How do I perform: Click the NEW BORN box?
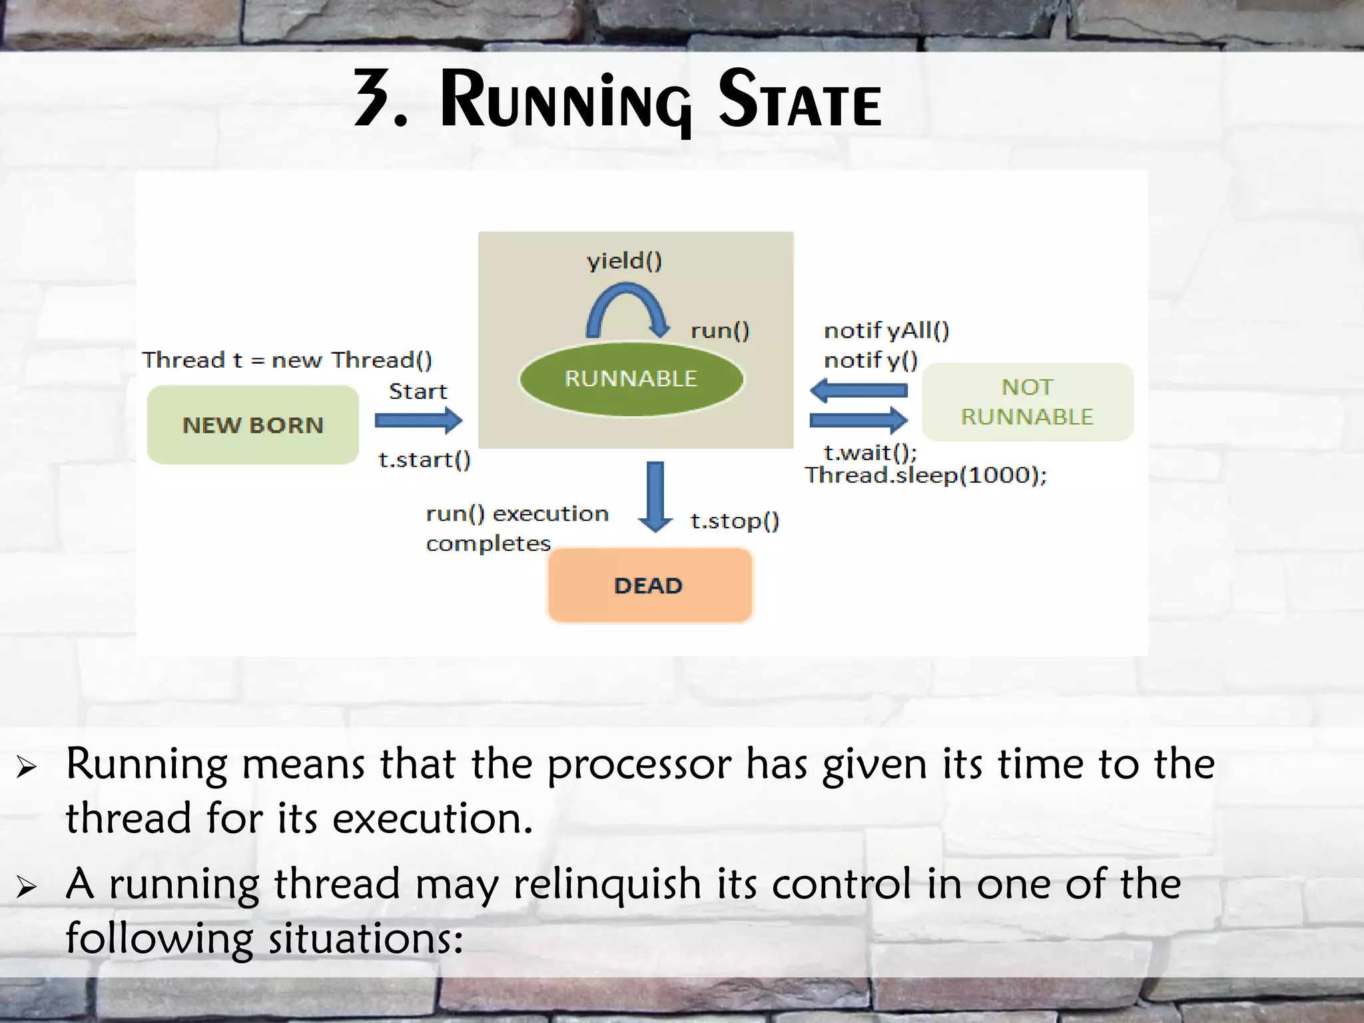point(252,425)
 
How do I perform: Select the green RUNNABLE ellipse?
point(631,379)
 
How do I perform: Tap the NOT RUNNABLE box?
point(1027,402)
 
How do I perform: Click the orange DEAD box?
point(649,585)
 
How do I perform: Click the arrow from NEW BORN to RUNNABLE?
point(418,420)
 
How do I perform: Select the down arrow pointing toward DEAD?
point(655,496)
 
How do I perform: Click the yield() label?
point(624,260)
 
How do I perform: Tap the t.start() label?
point(424,460)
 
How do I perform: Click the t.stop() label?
point(735,521)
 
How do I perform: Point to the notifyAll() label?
point(886,330)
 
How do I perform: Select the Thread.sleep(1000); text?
point(926,476)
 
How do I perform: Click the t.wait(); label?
point(870,453)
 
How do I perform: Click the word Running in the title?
point(565,101)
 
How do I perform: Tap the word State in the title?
point(800,101)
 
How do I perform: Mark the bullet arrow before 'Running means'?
point(27,767)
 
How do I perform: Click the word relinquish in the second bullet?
point(607,884)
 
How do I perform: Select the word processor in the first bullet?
point(639,765)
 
